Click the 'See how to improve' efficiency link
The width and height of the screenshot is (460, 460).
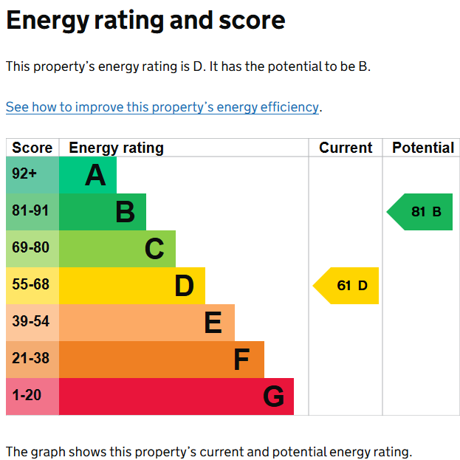point(162,107)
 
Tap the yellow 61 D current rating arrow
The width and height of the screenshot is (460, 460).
point(346,286)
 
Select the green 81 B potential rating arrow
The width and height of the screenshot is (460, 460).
point(419,212)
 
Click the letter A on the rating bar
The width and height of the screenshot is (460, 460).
point(95,175)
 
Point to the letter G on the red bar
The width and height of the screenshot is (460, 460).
point(273,397)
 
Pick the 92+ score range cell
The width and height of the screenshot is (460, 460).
point(32,175)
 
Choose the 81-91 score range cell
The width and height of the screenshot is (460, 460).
point(32,212)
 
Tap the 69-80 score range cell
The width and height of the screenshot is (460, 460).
point(32,249)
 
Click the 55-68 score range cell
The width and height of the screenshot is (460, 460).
point(32,286)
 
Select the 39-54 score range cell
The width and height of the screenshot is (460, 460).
point(32,323)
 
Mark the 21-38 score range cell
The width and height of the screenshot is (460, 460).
point(32,360)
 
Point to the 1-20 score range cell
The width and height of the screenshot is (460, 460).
point(32,397)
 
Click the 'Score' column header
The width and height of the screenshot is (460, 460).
point(32,148)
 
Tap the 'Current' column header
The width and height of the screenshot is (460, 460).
point(346,148)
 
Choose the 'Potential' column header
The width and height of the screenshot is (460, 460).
point(423,148)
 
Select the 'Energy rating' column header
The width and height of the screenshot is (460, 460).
point(116,148)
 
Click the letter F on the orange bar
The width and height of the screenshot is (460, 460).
point(241,360)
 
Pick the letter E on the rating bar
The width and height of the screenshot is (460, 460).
point(213,323)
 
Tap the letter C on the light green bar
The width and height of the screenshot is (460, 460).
point(154,249)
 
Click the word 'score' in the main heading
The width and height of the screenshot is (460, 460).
point(252,21)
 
